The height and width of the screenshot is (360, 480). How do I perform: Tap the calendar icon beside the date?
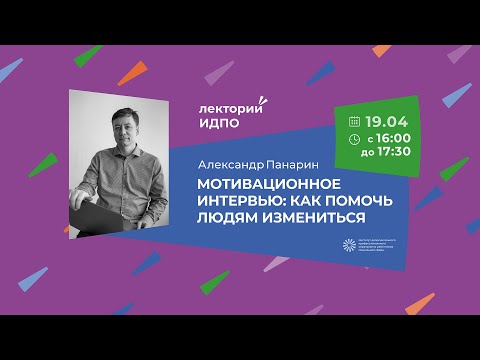pyautogui.click(x=346, y=118)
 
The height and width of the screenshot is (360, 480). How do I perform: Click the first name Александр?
pyautogui.click(x=224, y=160)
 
